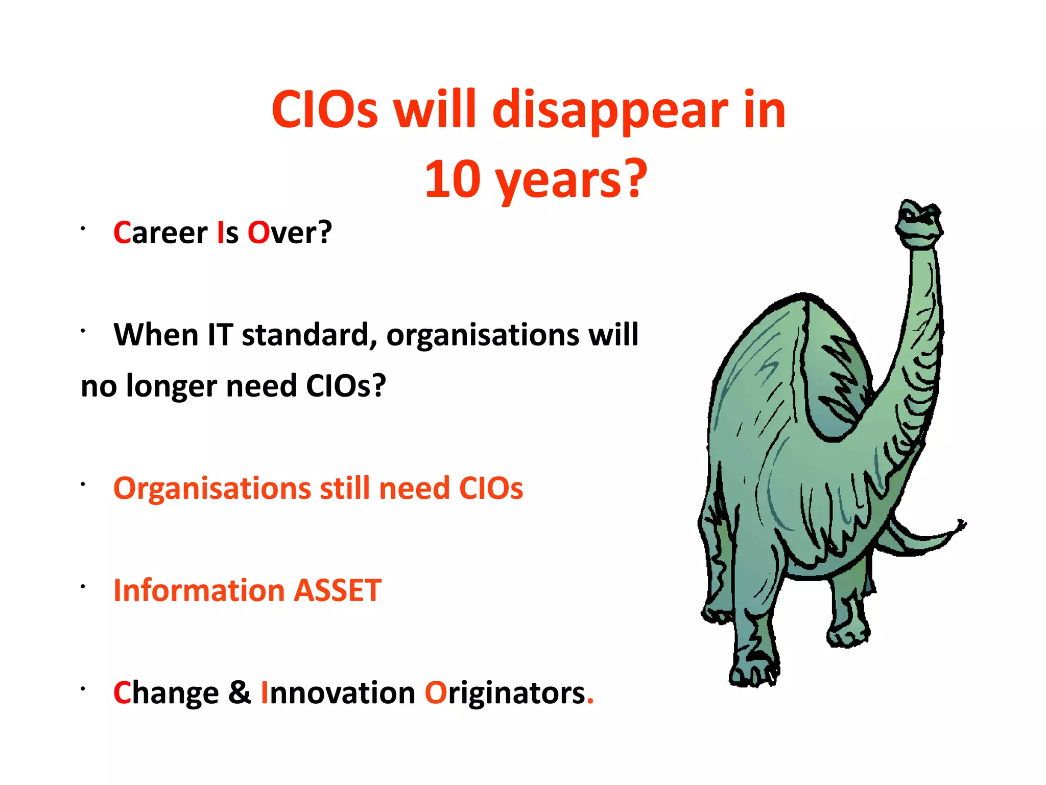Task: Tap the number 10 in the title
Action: click(453, 180)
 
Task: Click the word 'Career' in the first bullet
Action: click(160, 233)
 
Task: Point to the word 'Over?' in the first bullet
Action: click(290, 233)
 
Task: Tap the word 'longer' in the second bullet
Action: click(171, 387)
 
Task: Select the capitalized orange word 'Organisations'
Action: click(212, 489)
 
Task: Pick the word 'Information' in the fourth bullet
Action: click(199, 591)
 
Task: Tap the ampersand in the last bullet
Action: click(240, 693)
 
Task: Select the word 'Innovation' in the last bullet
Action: click(338, 693)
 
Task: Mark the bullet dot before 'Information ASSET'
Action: click(82, 587)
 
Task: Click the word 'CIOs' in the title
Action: click(325, 110)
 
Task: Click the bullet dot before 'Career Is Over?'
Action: click(82, 228)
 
